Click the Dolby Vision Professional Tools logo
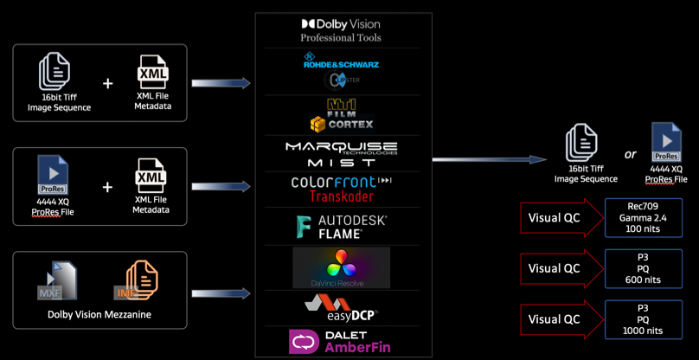tap(340, 30)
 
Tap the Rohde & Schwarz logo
tap(340, 61)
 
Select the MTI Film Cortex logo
tap(340, 114)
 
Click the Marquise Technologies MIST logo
tap(340, 154)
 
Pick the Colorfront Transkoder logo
tap(340, 189)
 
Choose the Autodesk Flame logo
tap(340, 228)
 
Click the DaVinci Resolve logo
tap(340, 267)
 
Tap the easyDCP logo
tap(340, 306)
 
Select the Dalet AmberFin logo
tap(340, 341)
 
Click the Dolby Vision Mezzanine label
tap(99, 314)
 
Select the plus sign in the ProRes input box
tap(107, 187)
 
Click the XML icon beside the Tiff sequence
tap(152, 74)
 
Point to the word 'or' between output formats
tap(631, 155)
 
